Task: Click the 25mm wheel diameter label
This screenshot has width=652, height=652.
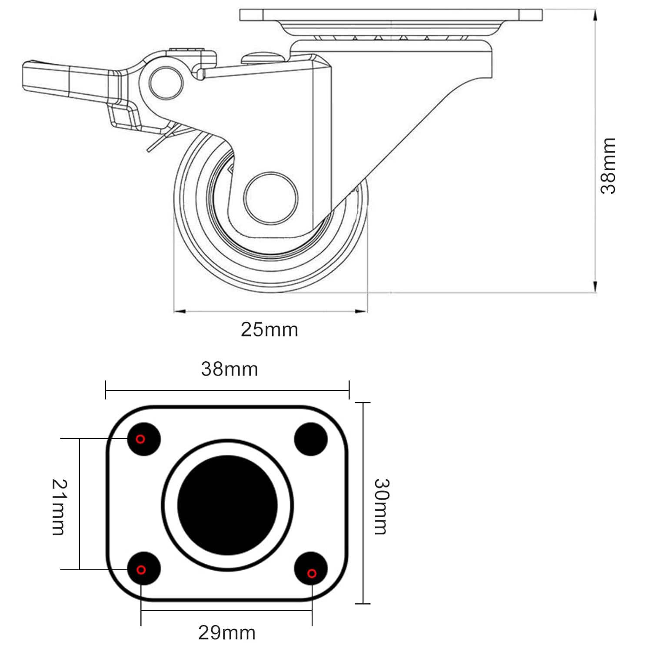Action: coord(269,329)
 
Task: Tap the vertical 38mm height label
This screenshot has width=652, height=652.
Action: coord(608,166)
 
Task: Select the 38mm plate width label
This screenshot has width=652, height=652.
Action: coord(230,369)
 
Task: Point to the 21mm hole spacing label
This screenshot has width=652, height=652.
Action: coord(59,507)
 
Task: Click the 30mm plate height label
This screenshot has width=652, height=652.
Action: coord(382,506)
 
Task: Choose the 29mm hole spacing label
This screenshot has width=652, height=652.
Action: coord(227,632)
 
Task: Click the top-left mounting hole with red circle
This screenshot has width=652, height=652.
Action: coord(144,439)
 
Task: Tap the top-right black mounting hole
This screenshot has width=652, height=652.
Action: coord(311,439)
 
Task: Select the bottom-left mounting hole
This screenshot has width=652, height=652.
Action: coord(144,569)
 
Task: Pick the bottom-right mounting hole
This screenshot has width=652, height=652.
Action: coord(311,569)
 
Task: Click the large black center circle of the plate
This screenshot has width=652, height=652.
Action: coord(227,505)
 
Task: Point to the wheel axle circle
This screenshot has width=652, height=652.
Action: coord(271,198)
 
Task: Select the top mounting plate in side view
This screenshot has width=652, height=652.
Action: coord(391,15)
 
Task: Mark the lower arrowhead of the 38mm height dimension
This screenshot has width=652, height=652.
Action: coord(595,287)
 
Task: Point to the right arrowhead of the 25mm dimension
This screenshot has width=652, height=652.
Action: coord(362,311)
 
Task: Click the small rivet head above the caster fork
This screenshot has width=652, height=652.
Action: coord(261,57)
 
